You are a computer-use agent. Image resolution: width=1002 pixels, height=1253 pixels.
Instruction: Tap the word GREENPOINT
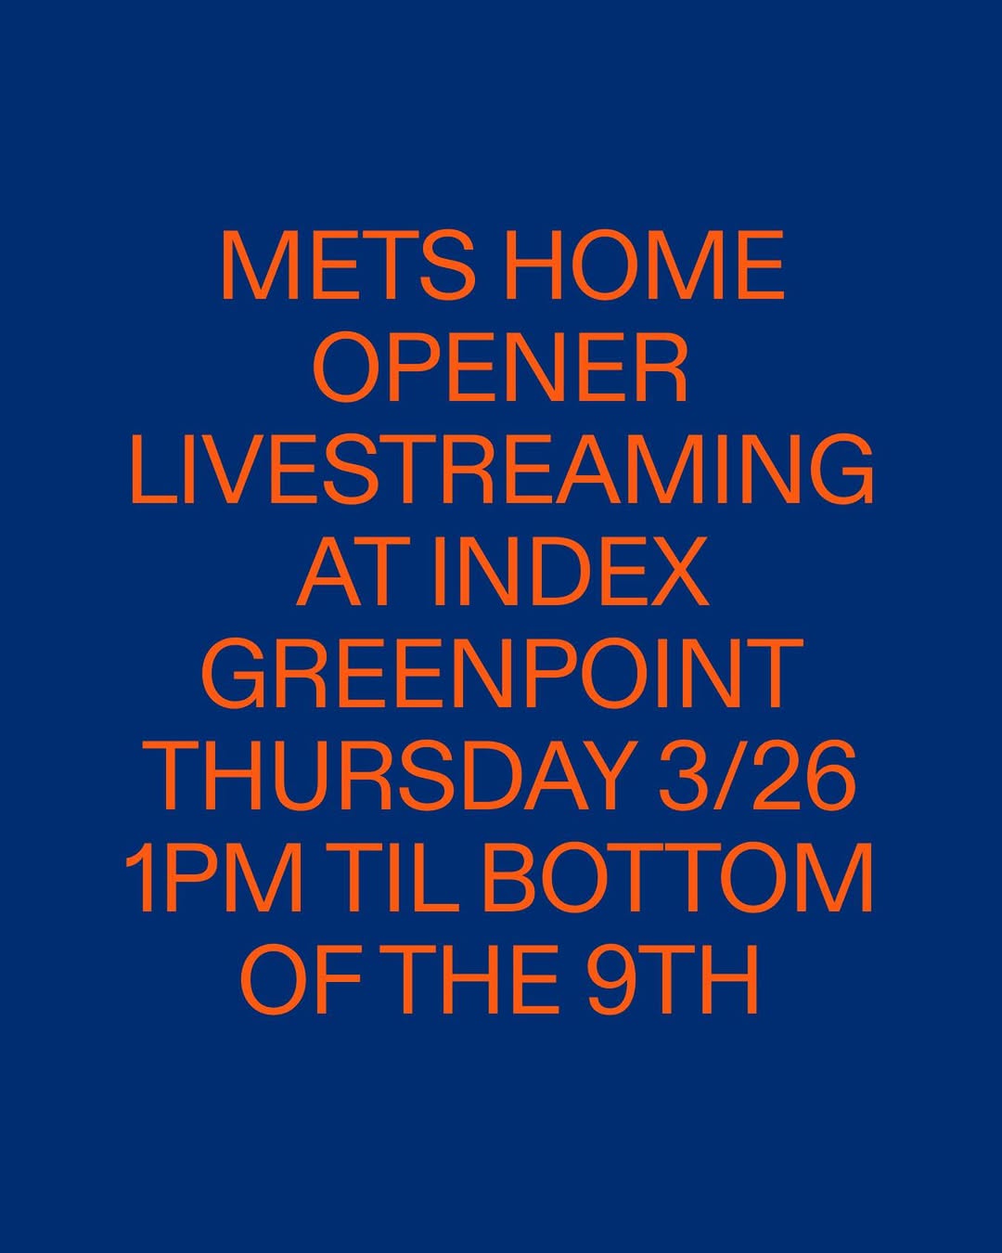501,674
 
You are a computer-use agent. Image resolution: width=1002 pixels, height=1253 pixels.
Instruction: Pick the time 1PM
214,878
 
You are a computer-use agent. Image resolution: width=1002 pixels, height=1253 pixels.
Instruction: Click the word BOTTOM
678,878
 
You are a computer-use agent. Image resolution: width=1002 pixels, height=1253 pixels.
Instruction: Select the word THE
469,980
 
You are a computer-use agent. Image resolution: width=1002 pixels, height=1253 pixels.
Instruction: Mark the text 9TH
673,980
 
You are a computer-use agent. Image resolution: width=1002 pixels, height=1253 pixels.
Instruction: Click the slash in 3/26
755,776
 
